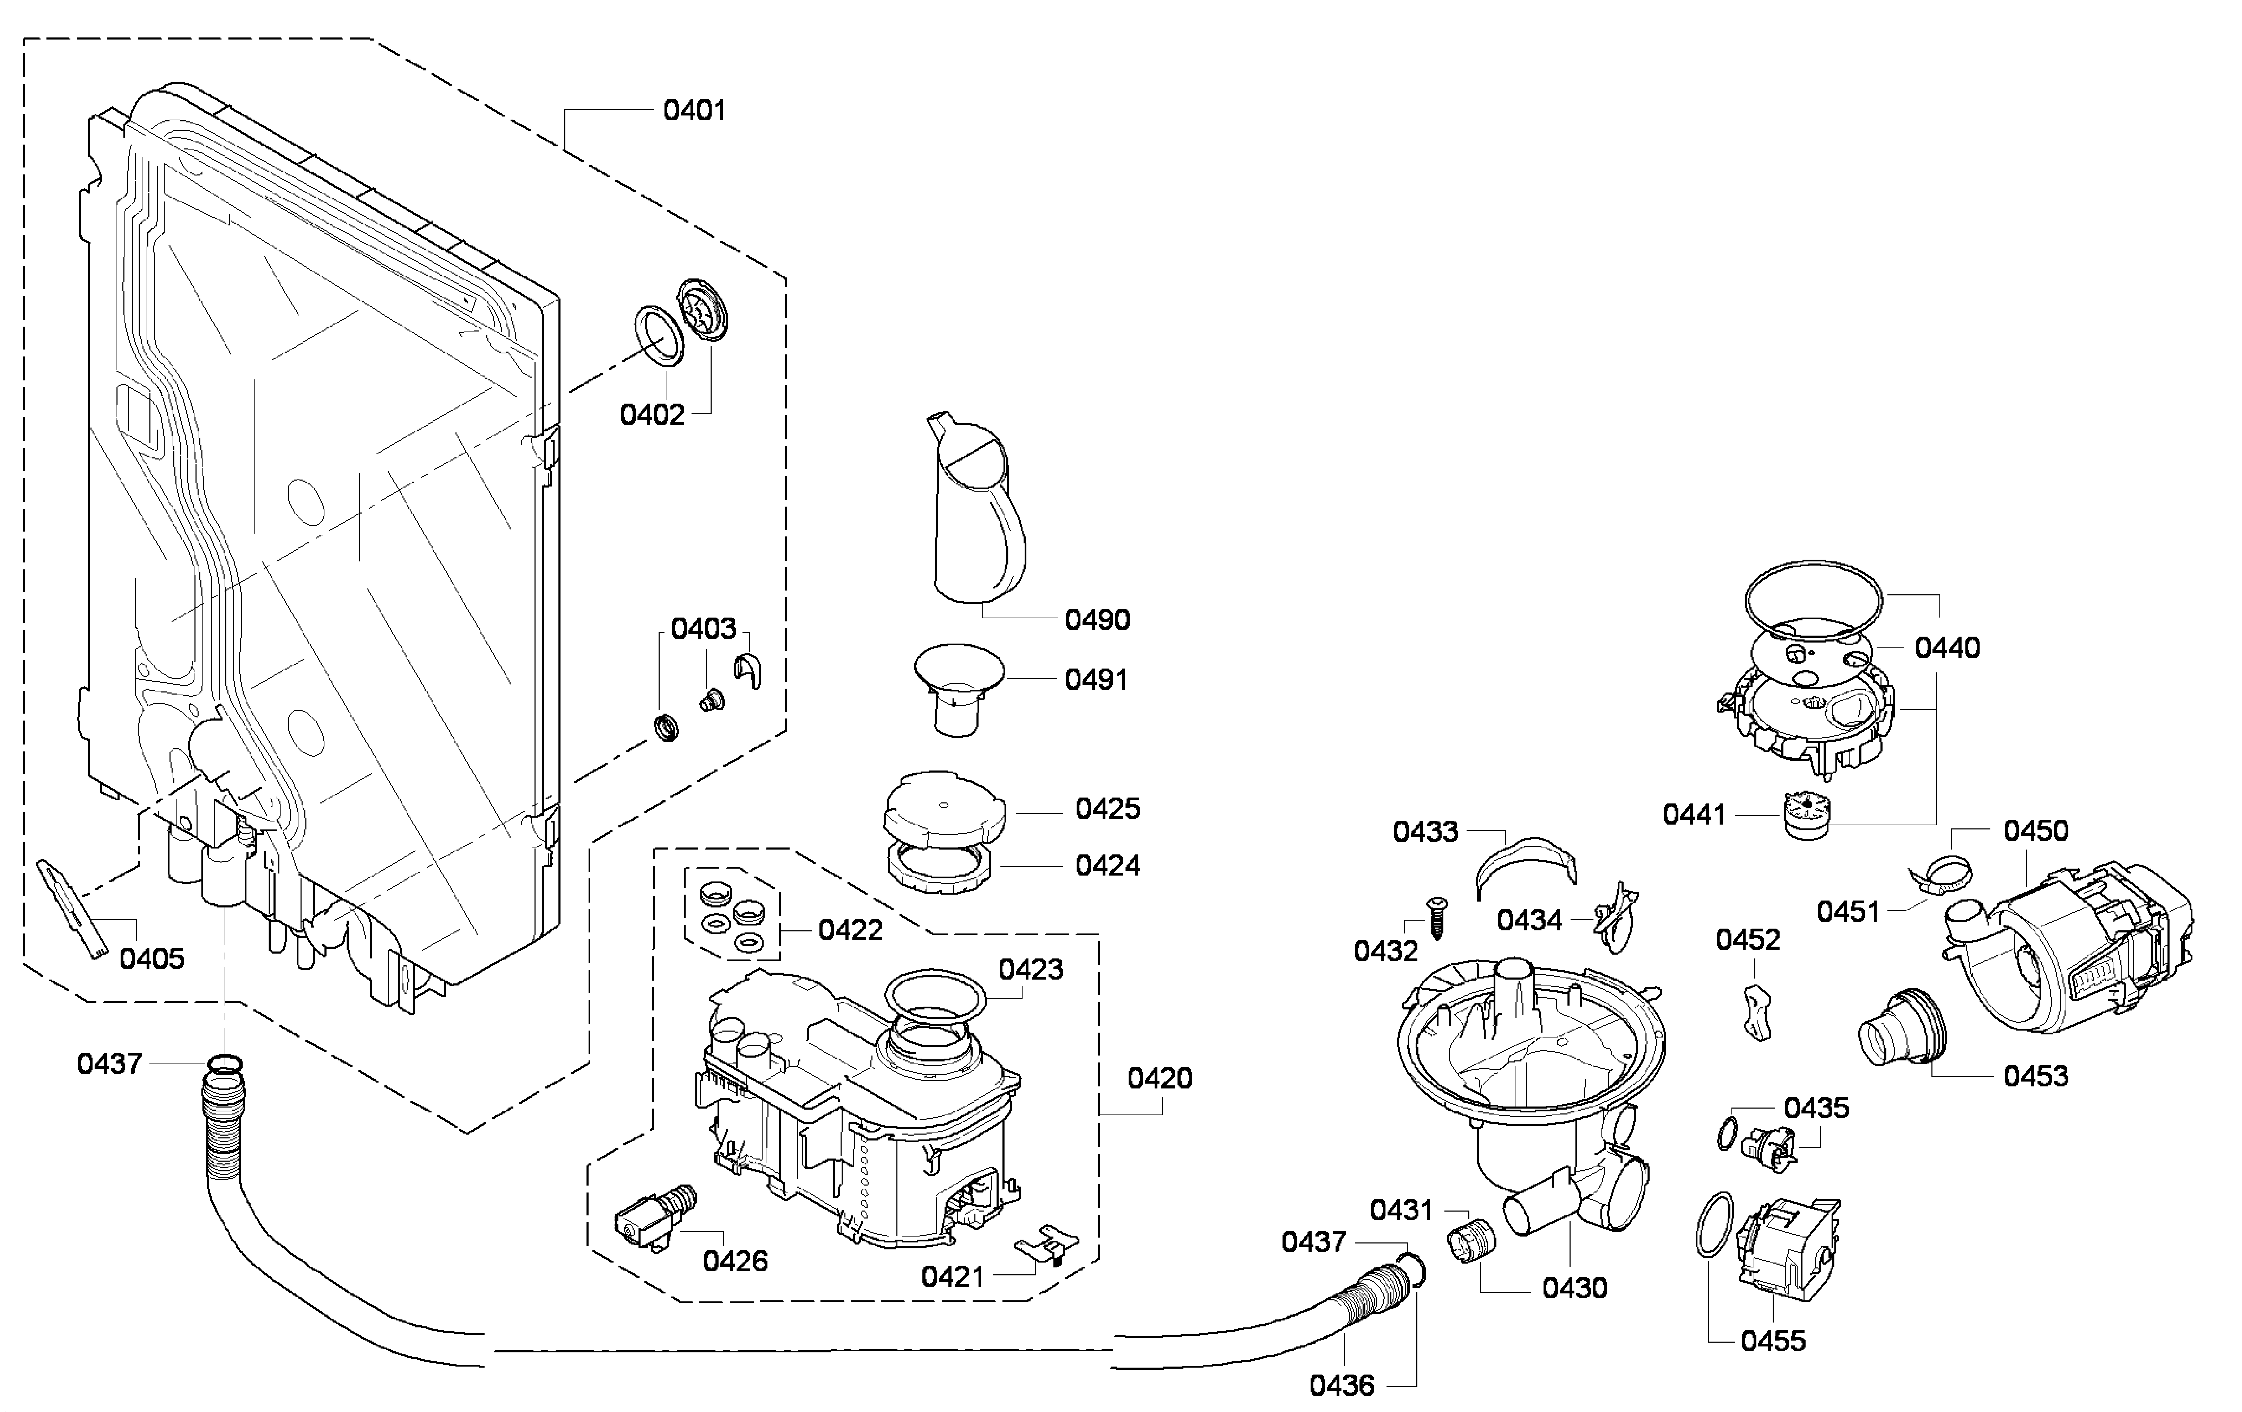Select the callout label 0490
pyautogui.click(x=1097, y=619)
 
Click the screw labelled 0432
pyautogui.click(x=1437, y=918)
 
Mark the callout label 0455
pyautogui.click(x=1773, y=1341)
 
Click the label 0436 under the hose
pyautogui.click(x=1342, y=1385)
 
